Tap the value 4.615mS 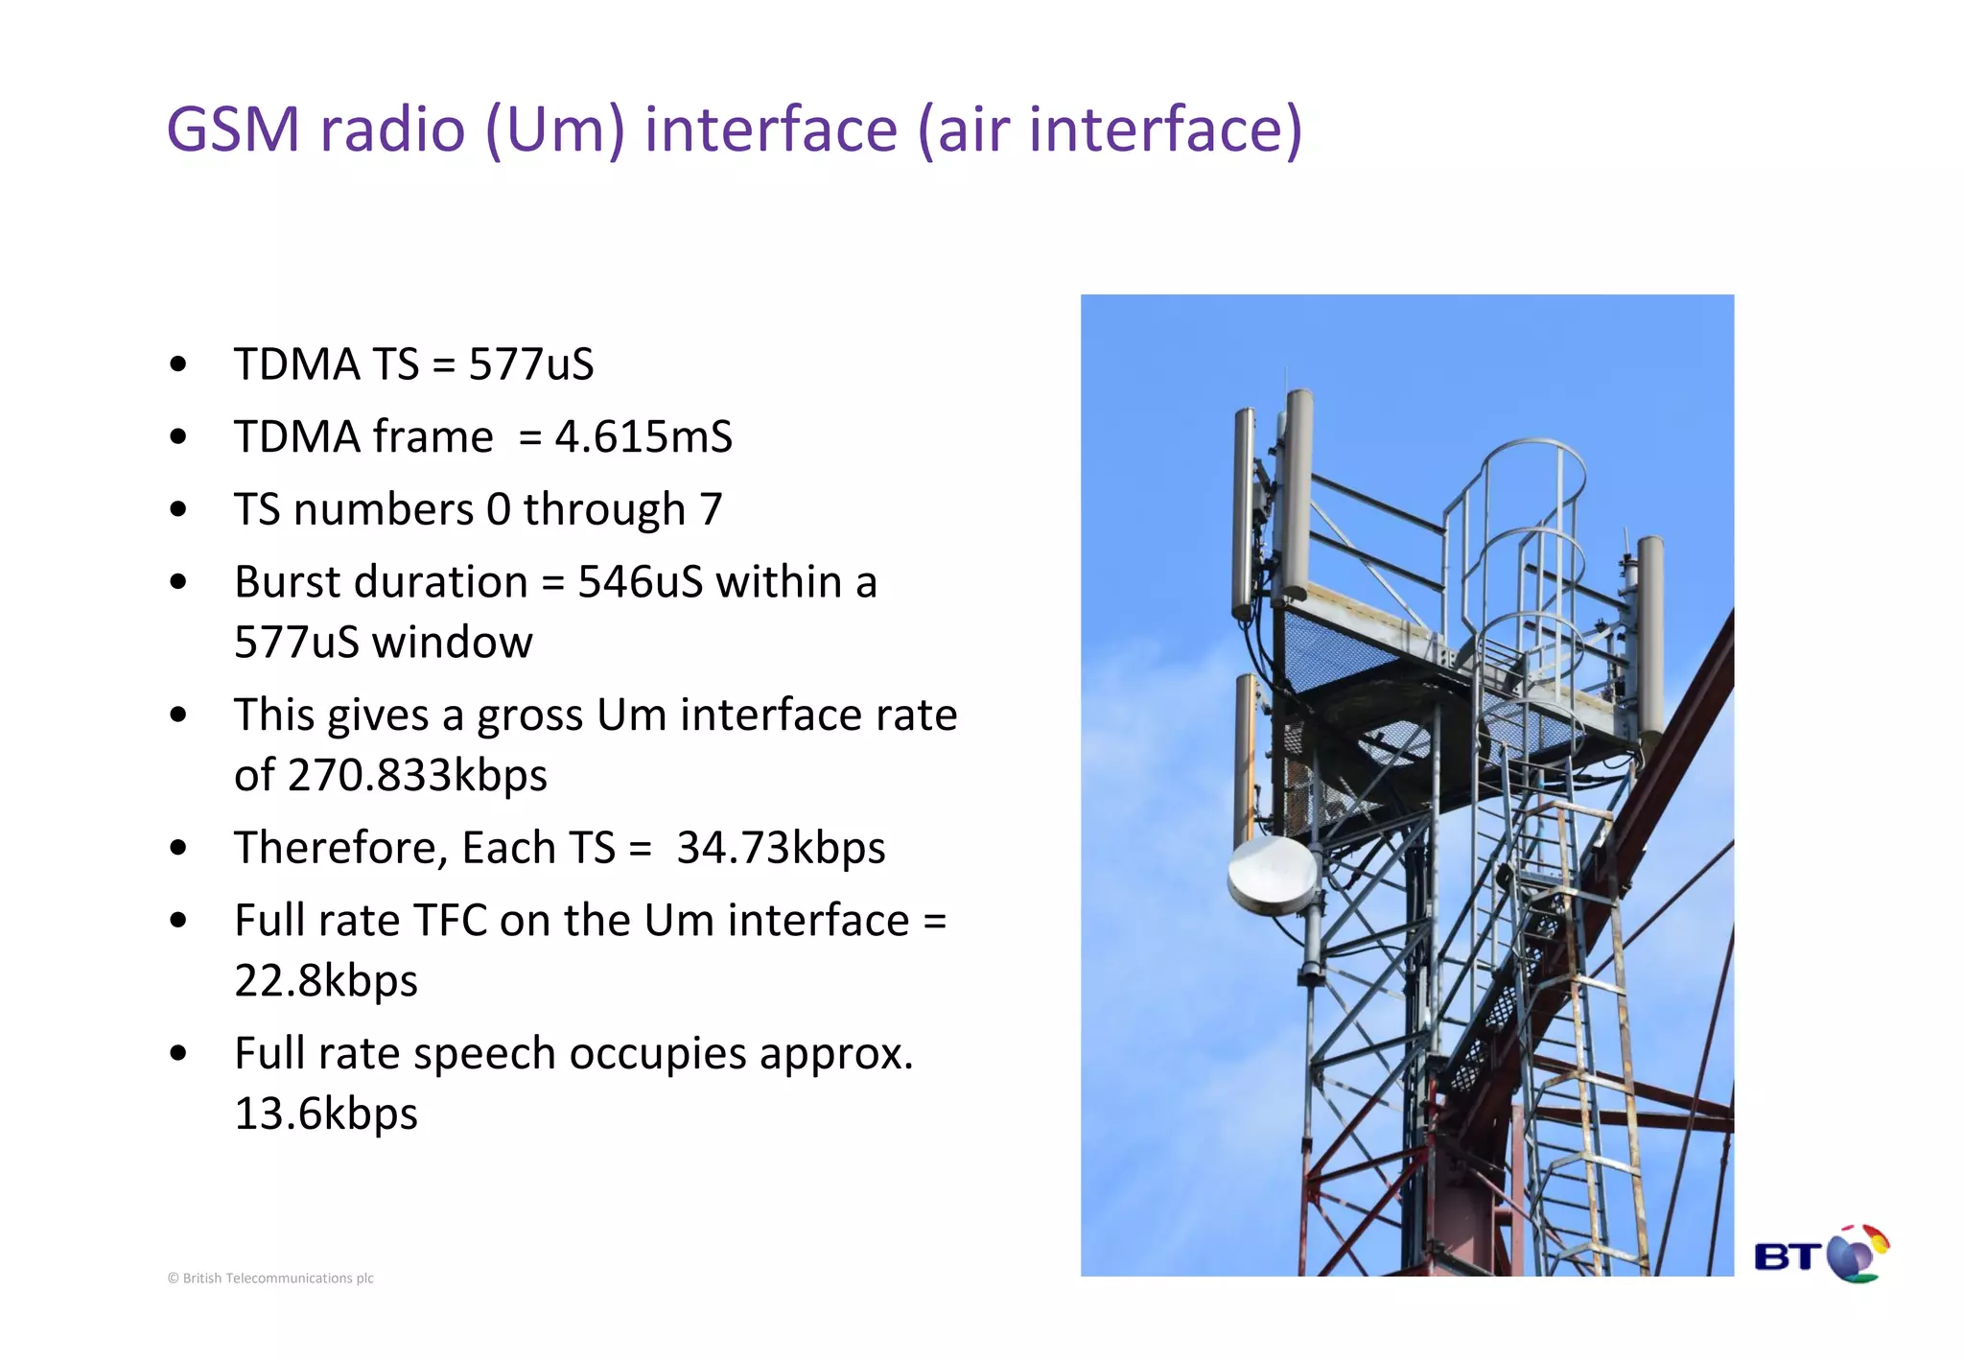[x=643, y=437]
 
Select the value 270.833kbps [x=417, y=775]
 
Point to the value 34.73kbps [x=781, y=848]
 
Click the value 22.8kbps [x=326, y=980]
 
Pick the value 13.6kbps [x=326, y=1114]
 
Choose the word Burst [x=285, y=582]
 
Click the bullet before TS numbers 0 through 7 [x=178, y=509]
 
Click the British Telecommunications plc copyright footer [x=270, y=1278]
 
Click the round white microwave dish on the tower [x=1274, y=875]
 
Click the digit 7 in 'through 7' [x=711, y=509]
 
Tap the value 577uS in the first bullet [x=531, y=364]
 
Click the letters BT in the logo [x=1788, y=1256]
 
